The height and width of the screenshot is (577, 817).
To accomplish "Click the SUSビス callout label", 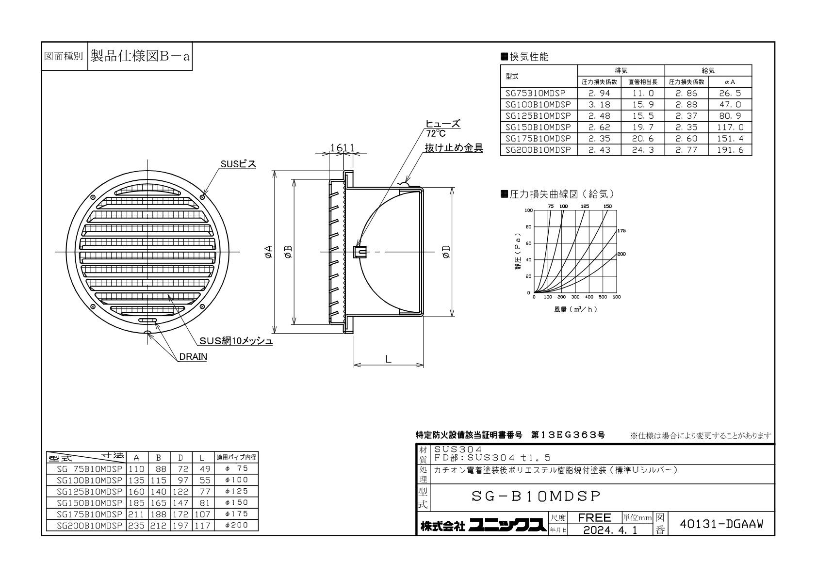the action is (x=238, y=164).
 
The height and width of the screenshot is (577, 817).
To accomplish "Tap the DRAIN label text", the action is (x=193, y=356).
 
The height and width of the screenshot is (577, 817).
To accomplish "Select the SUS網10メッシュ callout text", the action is (x=236, y=341).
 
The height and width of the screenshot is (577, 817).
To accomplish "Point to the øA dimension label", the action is (x=268, y=252).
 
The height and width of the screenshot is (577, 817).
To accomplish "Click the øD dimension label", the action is (x=446, y=252).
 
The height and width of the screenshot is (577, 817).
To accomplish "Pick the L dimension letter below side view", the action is (x=388, y=359).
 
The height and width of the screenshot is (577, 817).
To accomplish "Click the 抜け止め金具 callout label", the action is (x=454, y=147).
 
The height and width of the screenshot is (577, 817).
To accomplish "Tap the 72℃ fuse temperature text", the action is (x=436, y=133).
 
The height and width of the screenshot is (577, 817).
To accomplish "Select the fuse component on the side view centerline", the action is (x=359, y=252).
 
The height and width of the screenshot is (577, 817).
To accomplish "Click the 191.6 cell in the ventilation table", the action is (x=730, y=150).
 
